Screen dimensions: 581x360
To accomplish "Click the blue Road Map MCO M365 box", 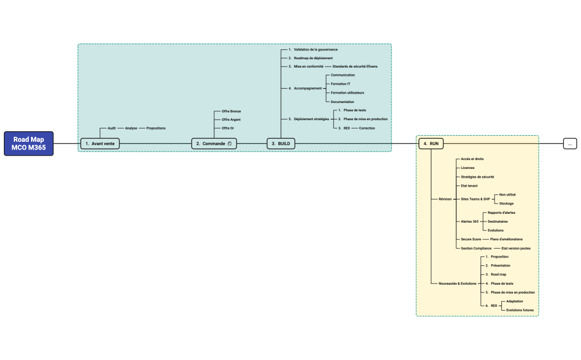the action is pyautogui.click(x=29, y=143).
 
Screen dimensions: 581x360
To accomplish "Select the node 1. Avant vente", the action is pyautogui.click(x=100, y=143).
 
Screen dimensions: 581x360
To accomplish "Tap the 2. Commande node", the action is pyautogui.click(x=214, y=143).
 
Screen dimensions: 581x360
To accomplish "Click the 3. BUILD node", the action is pyautogui.click(x=281, y=143).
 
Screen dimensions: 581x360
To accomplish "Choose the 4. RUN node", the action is pyautogui.click(x=431, y=143).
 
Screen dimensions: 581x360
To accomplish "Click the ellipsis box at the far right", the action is pyautogui.click(x=570, y=143).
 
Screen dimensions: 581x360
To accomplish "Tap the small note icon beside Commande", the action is pyautogui.click(x=230, y=143).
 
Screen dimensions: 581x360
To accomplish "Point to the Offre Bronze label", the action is pyautogui.click(x=231, y=111).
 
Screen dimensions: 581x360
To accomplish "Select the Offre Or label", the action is pyautogui.click(x=228, y=128).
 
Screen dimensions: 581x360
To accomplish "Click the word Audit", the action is pyautogui.click(x=111, y=128).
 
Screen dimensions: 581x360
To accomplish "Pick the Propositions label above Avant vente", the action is pyautogui.click(x=156, y=128).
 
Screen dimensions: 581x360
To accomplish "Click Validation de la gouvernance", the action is pyautogui.click(x=316, y=49).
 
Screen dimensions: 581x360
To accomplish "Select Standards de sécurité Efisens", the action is pyautogui.click(x=355, y=66).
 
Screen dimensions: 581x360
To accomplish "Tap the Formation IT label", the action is pyautogui.click(x=341, y=84).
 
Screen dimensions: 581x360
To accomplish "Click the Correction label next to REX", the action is pyautogui.click(x=367, y=128).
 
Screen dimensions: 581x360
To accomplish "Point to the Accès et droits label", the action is pyautogui.click(x=472, y=159).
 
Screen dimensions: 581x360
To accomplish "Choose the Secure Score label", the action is pyautogui.click(x=471, y=239).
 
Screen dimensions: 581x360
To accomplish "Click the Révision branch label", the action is pyautogui.click(x=445, y=199).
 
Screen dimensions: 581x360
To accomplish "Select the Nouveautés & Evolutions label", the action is pyautogui.click(x=457, y=284).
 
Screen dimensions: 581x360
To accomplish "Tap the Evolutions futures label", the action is pyautogui.click(x=520, y=310).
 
